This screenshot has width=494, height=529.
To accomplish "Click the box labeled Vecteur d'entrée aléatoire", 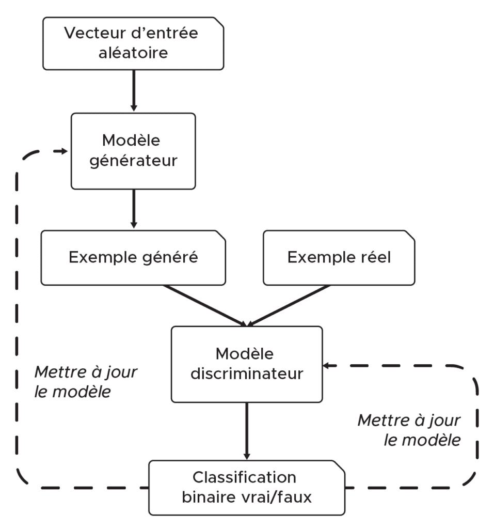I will click(x=133, y=43).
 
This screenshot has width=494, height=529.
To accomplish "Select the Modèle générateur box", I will click(x=133, y=151).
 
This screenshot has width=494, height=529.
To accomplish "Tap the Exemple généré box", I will click(x=133, y=257).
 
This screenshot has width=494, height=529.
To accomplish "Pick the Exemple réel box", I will click(x=339, y=257).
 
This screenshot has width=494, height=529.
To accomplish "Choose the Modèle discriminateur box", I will click(x=247, y=364).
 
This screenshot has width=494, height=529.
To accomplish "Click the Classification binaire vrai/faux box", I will click(x=247, y=487).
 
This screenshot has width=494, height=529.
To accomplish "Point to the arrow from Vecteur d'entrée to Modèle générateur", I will click(x=134, y=90).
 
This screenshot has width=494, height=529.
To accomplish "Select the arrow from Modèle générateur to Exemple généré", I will click(x=134, y=209).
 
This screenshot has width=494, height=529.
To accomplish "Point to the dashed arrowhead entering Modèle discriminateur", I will click(x=327, y=366).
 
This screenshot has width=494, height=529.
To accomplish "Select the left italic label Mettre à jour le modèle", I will click(x=86, y=382).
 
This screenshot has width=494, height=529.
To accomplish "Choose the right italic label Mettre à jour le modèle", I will click(x=409, y=430).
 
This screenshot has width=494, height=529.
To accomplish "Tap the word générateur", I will click(x=133, y=161).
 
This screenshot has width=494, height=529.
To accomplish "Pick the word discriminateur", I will click(x=247, y=374).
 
